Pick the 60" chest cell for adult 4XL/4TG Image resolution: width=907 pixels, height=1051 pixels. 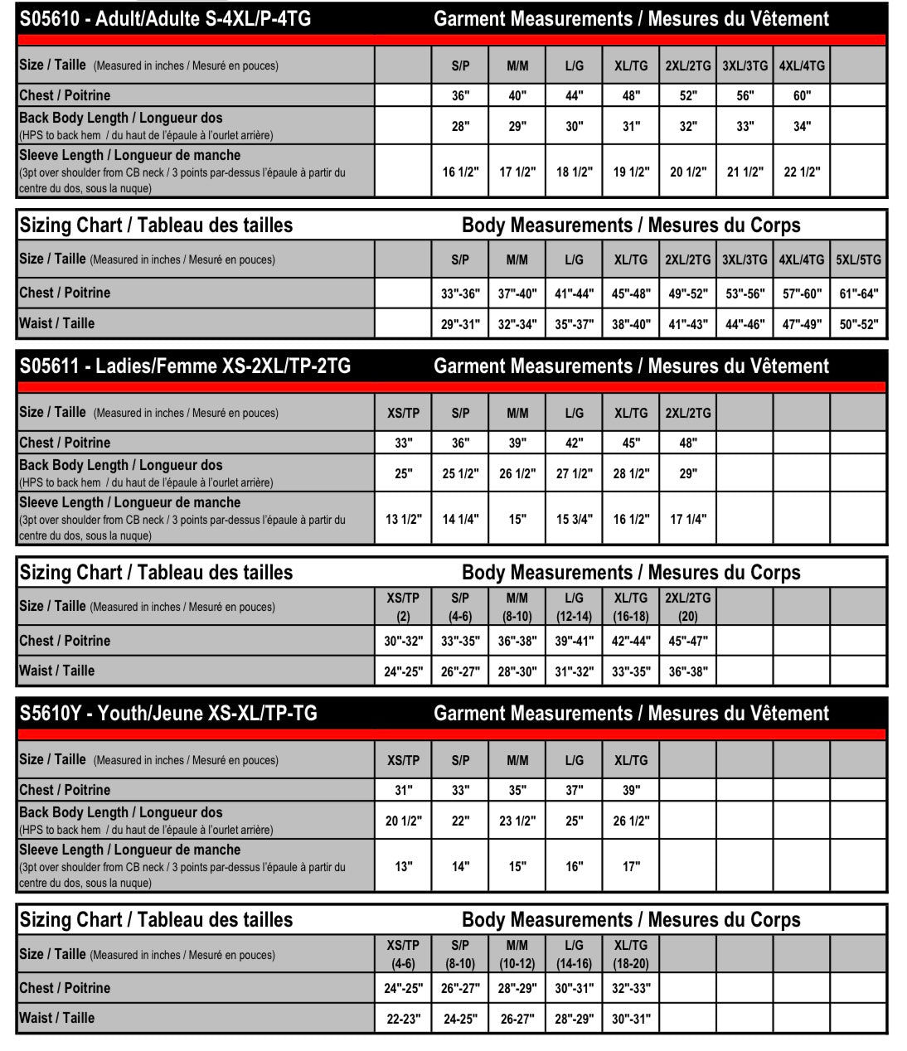click(802, 95)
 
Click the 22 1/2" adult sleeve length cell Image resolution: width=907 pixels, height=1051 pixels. click(802, 172)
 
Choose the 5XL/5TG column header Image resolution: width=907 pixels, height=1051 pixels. click(858, 259)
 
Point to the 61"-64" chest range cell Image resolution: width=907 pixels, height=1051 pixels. click(858, 293)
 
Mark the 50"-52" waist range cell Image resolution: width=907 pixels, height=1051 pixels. click(858, 324)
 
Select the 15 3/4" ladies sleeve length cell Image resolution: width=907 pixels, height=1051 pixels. click(575, 519)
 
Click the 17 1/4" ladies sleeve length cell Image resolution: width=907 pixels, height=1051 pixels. click(688, 519)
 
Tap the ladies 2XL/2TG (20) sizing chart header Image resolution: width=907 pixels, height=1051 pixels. click(688, 606)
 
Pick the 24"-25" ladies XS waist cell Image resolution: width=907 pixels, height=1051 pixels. click(404, 671)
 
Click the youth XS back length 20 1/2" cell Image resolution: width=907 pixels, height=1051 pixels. click(404, 821)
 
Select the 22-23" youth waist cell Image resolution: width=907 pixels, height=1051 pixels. click(404, 1019)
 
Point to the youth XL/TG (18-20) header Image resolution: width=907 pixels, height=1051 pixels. click(631, 953)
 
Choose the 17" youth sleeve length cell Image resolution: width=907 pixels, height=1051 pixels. click(631, 866)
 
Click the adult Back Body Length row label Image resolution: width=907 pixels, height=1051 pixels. click(121, 119)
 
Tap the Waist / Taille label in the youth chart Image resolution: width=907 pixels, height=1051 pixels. click(57, 1018)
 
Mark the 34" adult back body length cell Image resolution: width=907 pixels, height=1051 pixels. click(802, 126)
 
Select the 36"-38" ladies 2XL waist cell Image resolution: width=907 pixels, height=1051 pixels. click(688, 671)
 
